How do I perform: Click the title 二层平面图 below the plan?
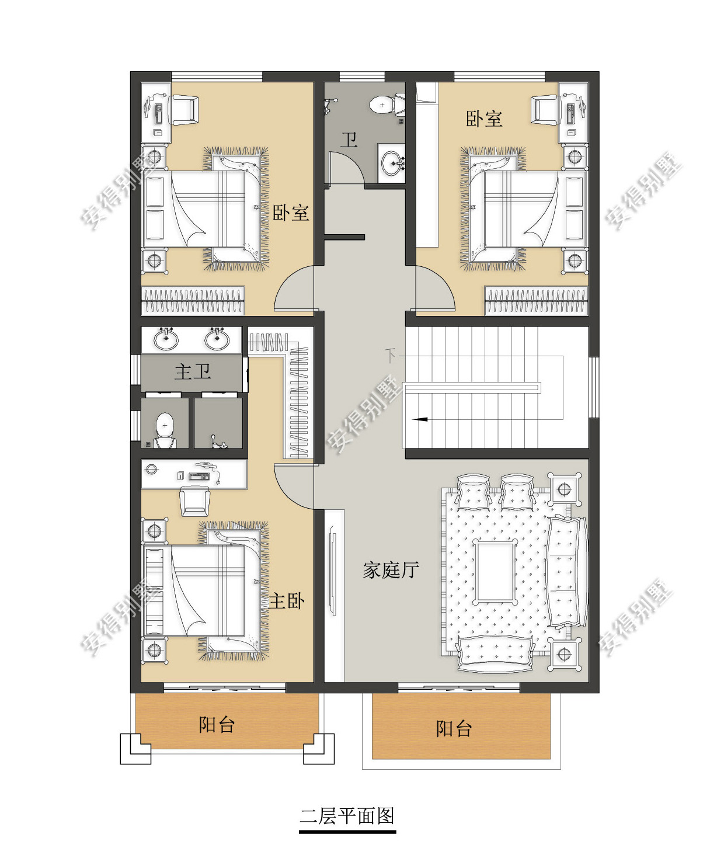(347, 816)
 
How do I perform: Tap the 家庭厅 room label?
(391, 570)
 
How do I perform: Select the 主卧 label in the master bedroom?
(287, 601)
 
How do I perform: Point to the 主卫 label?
(193, 372)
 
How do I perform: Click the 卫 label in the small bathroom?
(349, 140)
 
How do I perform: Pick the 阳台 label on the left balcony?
(217, 725)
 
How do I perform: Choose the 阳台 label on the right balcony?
(454, 729)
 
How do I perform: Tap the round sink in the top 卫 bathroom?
(393, 163)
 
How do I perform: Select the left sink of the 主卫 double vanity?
(166, 339)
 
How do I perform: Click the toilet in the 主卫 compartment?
(165, 430)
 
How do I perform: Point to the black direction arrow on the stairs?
(420, 419)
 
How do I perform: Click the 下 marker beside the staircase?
(390, 355)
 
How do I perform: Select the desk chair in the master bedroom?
(194, 500)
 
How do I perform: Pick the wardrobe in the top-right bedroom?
(536, 301)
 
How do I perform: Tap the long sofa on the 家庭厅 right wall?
(567, 572)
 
